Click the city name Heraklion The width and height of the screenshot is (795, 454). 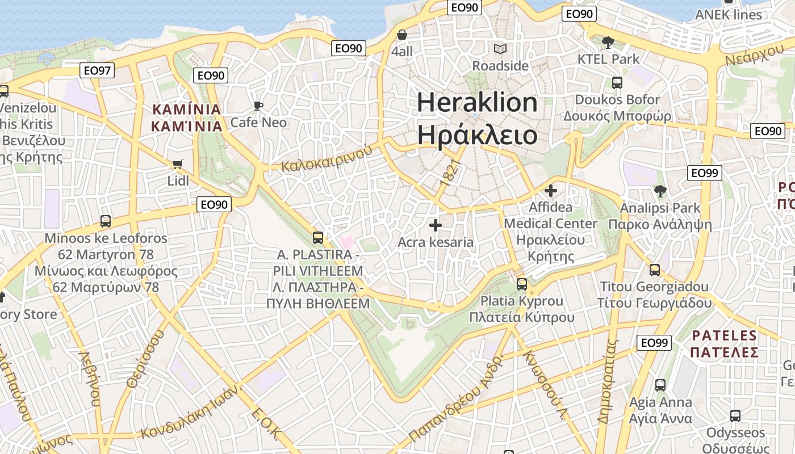(477, 103)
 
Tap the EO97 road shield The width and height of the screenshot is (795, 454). (98, 70)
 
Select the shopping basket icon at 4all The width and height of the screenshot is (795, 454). (402, 35)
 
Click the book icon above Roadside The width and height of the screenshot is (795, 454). (500, 49)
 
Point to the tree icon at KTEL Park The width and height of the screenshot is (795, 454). (608, 42)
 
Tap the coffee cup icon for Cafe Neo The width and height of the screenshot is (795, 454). (258, 106)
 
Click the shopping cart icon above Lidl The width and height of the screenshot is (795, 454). (178, 165)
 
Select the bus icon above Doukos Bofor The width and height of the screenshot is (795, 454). (617, 83)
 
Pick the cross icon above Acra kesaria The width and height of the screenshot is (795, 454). (436, 225)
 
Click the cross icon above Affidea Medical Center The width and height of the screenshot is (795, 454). (550, 191)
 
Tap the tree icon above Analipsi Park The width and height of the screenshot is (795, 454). (660, 191)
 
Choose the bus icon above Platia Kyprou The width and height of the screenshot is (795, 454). (521, 284)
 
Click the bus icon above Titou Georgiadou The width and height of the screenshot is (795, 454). (655, 270)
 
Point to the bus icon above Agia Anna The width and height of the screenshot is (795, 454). (660, 385)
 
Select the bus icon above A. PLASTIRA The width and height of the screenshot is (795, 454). (318, 237)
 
